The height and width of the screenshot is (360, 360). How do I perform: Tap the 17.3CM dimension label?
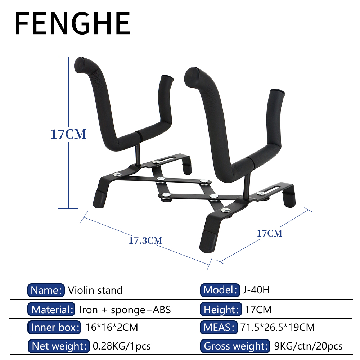[145, 240]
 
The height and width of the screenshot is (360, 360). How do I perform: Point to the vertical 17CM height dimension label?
[68, 134]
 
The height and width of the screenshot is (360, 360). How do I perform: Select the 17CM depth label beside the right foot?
[270, 233]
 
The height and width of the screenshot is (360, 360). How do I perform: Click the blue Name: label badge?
[46, 290]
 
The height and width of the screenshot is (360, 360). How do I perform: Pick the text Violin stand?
[95, 290]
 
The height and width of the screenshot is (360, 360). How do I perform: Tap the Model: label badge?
[220, 290]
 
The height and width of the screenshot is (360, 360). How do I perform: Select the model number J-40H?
[256, 290]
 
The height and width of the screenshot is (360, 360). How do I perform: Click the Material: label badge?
[51, 310]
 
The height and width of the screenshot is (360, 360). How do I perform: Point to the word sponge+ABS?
[141, 310]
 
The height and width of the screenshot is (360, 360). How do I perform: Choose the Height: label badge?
[221, 310]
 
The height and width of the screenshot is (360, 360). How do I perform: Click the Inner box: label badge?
[54, 327]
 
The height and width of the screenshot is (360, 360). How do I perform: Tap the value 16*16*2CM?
[112, 327]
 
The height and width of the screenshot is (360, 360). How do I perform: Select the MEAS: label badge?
[219, 327]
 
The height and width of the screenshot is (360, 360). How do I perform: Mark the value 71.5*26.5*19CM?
[278, 327]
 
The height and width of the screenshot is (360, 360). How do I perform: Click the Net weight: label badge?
[59, 346]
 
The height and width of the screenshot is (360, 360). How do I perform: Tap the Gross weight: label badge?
[235, 346]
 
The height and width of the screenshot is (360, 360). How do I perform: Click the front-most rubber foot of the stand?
[208, 242]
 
